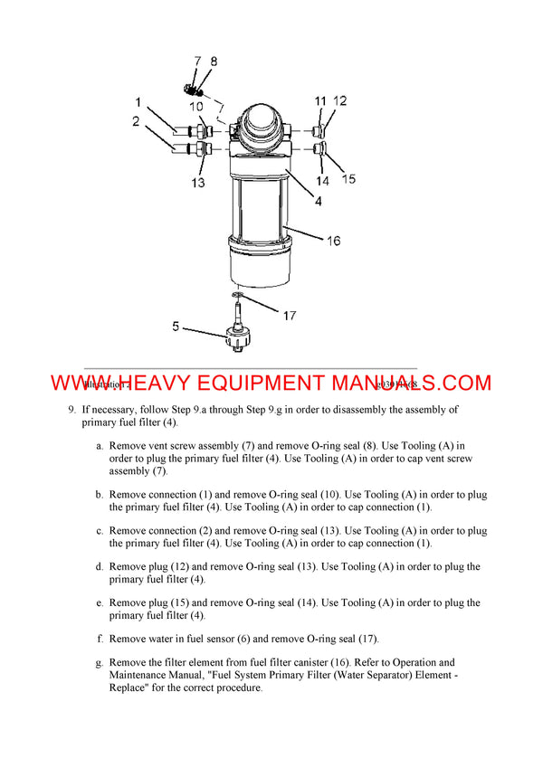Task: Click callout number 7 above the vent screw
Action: point(197,62)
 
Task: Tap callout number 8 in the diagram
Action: point(214,62)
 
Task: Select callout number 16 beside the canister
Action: point(333,241)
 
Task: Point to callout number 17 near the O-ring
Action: point(289,316)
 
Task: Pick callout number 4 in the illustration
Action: point(319,201)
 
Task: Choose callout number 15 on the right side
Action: point(348,179)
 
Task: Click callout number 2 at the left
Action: point(136,120)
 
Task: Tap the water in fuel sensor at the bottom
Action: point(236,336)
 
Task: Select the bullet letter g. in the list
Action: point(99,663)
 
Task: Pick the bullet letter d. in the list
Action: point(99,567)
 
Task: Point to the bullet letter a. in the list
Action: point(99,446)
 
